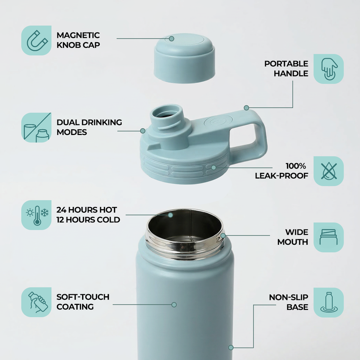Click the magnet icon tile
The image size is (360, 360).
[x=36, y=40]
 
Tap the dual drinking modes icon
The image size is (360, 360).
[x=36, y=127]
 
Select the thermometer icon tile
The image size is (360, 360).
[x=36, y=215]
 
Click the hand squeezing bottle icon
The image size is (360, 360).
[x=36, y=302]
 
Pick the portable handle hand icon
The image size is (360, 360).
[x=328, y=69]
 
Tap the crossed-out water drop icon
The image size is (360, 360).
[x=328, y=171]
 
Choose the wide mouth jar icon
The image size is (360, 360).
[x=328, y=237]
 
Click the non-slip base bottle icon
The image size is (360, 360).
[x=328, y=302]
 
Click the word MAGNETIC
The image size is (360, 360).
[x=78, y=35]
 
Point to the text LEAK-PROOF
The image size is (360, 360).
[x=282, y=176]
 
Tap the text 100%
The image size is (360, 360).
[x=296, y=166]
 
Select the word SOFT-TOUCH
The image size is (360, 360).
[x=83, y=297]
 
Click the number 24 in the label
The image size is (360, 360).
[x=61, y=210]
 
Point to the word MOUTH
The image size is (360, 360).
[x=293, y=242]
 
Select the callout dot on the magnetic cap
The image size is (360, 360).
[x=171, y=39]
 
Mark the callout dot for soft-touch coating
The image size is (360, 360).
[x=174, y=304]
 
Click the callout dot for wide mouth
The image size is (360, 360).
[x=223, y=235]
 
